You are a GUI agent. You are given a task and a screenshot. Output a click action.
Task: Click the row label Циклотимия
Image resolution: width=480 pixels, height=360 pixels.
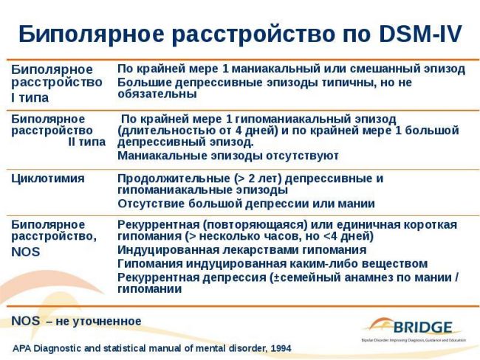48,179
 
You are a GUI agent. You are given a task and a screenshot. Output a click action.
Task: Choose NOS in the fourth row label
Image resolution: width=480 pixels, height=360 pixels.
25,252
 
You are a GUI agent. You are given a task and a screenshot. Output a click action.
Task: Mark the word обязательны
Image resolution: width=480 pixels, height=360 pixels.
157,94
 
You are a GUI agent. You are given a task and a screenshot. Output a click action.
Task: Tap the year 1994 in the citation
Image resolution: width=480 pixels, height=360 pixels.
278,347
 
